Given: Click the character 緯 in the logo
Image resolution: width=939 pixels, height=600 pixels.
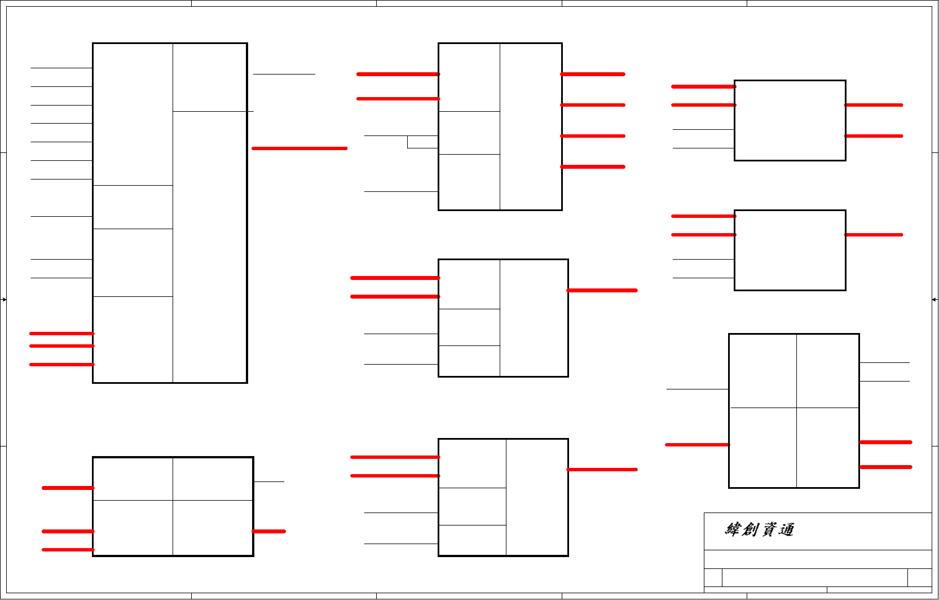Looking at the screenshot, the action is pyautogui.click(x=733, y=529).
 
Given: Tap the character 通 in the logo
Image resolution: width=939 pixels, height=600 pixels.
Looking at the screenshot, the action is pyautogui.click(x=786, y=529).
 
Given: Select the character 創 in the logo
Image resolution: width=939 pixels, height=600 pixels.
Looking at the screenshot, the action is pyautogui.click(x=751, y=529).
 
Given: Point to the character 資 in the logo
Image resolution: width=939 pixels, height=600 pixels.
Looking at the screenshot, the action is pyautogui.click(x=769, y=529).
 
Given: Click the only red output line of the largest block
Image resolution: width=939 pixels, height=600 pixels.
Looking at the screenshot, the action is pyautogui.click(x=299, y=148).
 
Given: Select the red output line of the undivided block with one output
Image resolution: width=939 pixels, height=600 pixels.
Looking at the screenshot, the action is pyautogui.click(x=874, y=235).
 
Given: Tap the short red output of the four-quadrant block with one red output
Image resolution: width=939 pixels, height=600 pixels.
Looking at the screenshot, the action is pyautogui.click(x=268, y=531).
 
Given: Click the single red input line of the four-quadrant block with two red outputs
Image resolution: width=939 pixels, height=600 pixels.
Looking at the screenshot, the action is pyautogui.click(x=697, y=445).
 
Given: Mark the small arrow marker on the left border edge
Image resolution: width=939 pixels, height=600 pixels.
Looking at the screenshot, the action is pyautogui.click(x=4, y=299).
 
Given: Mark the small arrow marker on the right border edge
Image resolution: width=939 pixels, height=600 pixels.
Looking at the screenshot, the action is pyautogui.click(x=934, y=299).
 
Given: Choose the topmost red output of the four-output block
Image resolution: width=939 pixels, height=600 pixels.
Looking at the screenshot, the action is pyautogui.click(x=592, y=74).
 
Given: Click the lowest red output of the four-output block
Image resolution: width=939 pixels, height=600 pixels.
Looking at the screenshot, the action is pyautogui.click(x=592, y=167).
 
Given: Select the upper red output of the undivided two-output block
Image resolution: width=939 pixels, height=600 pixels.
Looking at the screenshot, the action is pyautogui.click(x=874, y=105).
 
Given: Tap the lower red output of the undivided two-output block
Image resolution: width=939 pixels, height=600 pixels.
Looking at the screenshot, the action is pyautogui.click(x=874, y=136).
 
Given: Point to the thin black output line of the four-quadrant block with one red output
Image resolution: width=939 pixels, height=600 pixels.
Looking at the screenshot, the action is pyautogui.click(x=269, y=481).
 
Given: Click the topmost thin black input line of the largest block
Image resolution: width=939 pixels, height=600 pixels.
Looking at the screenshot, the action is pyautogui.click(x=61, y=68).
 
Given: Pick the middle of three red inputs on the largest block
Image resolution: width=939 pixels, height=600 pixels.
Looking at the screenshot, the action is pyautogui.click(x=61, y=346).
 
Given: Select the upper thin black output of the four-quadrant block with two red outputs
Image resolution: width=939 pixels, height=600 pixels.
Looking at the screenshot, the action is pyautogui.click(x=884, y=362).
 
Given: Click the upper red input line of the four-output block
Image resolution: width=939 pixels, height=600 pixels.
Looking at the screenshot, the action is pyautogui.click(x=398, y=74).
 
